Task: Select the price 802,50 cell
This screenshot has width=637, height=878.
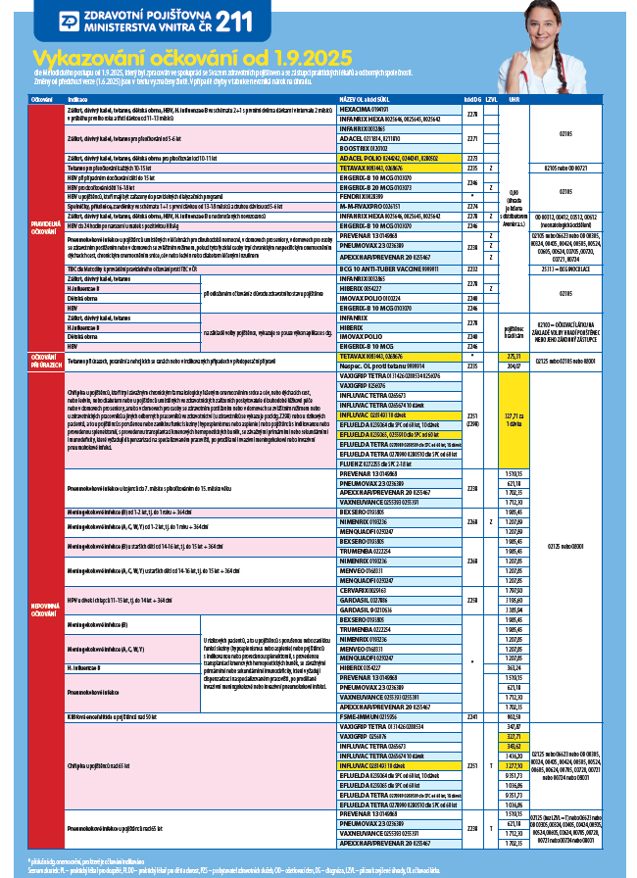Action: coord(515,717)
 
